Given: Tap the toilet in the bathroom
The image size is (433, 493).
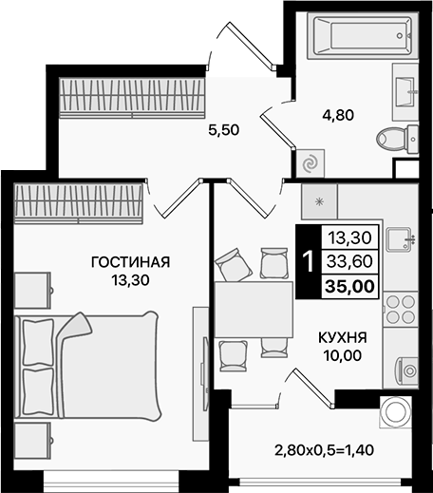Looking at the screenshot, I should (396, 139).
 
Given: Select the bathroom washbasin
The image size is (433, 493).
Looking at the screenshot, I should (405, 90).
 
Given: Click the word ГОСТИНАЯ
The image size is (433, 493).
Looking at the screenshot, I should (130, 262).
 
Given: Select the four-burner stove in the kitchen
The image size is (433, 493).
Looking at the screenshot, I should (400, 308).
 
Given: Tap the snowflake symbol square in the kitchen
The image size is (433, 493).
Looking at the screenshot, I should (319, 202).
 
